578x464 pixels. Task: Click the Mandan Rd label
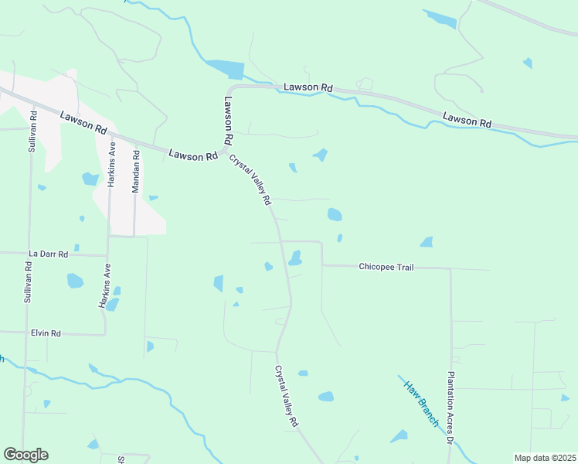(135, 171)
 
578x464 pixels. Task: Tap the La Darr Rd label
(49, 253)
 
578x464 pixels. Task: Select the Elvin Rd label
(46, 333)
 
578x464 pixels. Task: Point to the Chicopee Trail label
(386, 267)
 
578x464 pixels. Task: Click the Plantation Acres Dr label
(450, 407)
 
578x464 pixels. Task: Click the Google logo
(25, 455)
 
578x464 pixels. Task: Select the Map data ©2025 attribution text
(544, 458)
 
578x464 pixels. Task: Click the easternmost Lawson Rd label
(467, 120)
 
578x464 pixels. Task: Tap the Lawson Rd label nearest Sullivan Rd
(83, 121)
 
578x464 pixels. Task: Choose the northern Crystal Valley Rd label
(250, 180)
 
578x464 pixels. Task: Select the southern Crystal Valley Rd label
(286, 397)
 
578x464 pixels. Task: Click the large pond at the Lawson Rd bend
(226, 69)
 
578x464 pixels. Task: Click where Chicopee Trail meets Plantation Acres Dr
(450, 269)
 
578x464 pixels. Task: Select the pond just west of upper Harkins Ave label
(90, 179)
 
